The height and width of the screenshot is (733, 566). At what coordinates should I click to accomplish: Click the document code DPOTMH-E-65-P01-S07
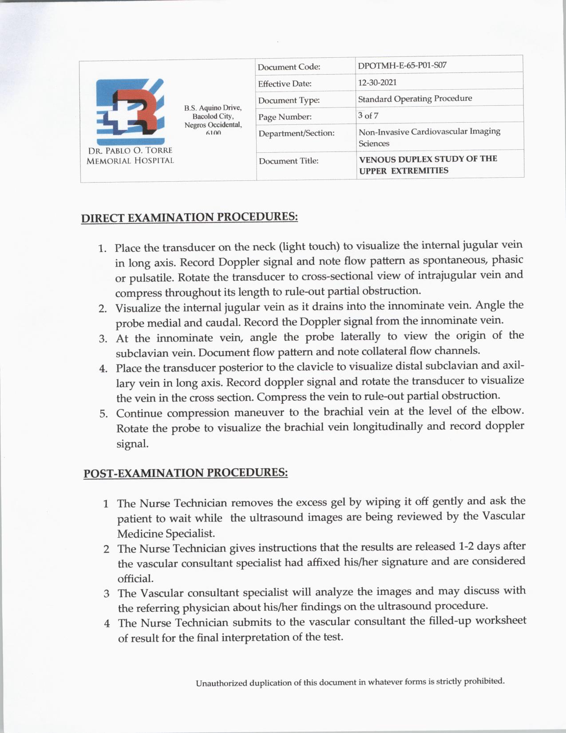[x=402, y=65]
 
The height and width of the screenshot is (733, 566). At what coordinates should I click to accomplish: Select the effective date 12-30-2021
[x=377, y=82]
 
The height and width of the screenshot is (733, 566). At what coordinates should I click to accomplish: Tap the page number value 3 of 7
[x=368, y=116]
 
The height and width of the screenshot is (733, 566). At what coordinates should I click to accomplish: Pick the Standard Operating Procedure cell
[x=415, y=98]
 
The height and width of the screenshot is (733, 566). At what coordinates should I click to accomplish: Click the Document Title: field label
[x=289, y=161]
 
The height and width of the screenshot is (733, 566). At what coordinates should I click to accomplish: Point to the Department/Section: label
[x=296, y=133]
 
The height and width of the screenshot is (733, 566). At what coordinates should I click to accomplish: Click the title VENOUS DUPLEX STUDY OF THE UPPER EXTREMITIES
[x=428, y=164]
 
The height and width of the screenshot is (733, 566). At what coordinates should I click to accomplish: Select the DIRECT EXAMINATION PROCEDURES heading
[x=189, y=217]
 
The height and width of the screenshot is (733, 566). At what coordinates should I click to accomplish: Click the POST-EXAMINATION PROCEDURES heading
[x=186, y=473]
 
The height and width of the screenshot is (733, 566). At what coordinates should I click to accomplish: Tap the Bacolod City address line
[x=213, y=116]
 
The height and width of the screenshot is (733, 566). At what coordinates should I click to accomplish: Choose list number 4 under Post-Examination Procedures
[x=107, y=623]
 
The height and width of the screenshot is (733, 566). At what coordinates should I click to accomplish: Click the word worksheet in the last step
[x=501, y=620]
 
